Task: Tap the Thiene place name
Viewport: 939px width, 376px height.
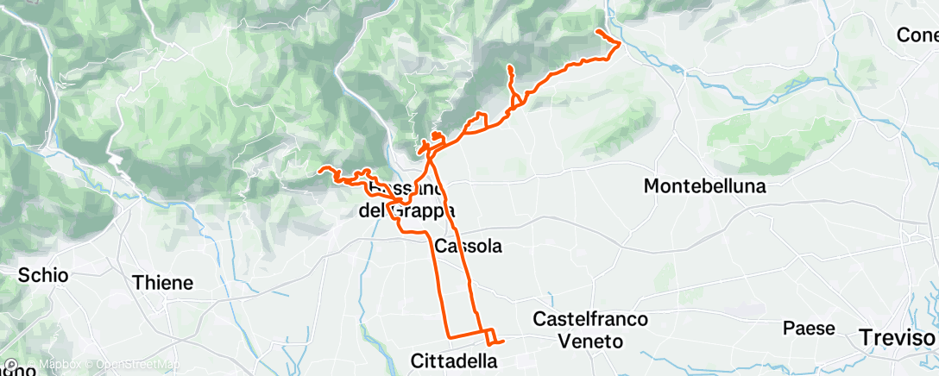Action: coord(162,282)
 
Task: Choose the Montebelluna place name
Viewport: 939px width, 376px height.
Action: coord(705,185)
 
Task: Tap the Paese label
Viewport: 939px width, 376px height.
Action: coord(809,328)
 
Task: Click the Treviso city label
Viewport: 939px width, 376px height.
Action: coord(898,338)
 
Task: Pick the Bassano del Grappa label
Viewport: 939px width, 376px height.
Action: coord(406,199)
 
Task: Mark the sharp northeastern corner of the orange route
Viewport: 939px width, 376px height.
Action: coord(621,44)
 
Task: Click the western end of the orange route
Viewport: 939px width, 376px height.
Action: coord(320,170)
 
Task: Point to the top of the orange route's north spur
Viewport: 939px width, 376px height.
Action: coord(510,67)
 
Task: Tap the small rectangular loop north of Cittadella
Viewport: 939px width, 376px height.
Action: coord(489,335)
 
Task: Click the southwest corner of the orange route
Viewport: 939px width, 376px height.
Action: coord(447,335)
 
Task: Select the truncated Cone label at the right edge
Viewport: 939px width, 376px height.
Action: coord(917,35)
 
